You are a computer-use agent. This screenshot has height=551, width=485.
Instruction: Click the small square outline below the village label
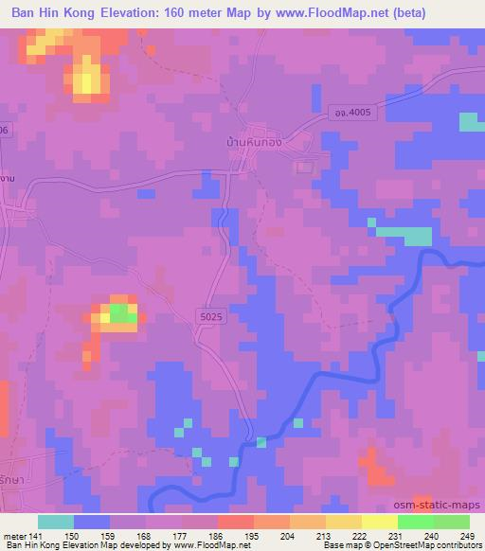point(303,168)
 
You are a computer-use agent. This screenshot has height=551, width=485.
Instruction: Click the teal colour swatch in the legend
point(56,522)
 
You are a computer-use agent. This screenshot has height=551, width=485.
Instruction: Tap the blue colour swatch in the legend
point(92,522)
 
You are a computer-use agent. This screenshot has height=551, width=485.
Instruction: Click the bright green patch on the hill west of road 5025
point(120,312)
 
